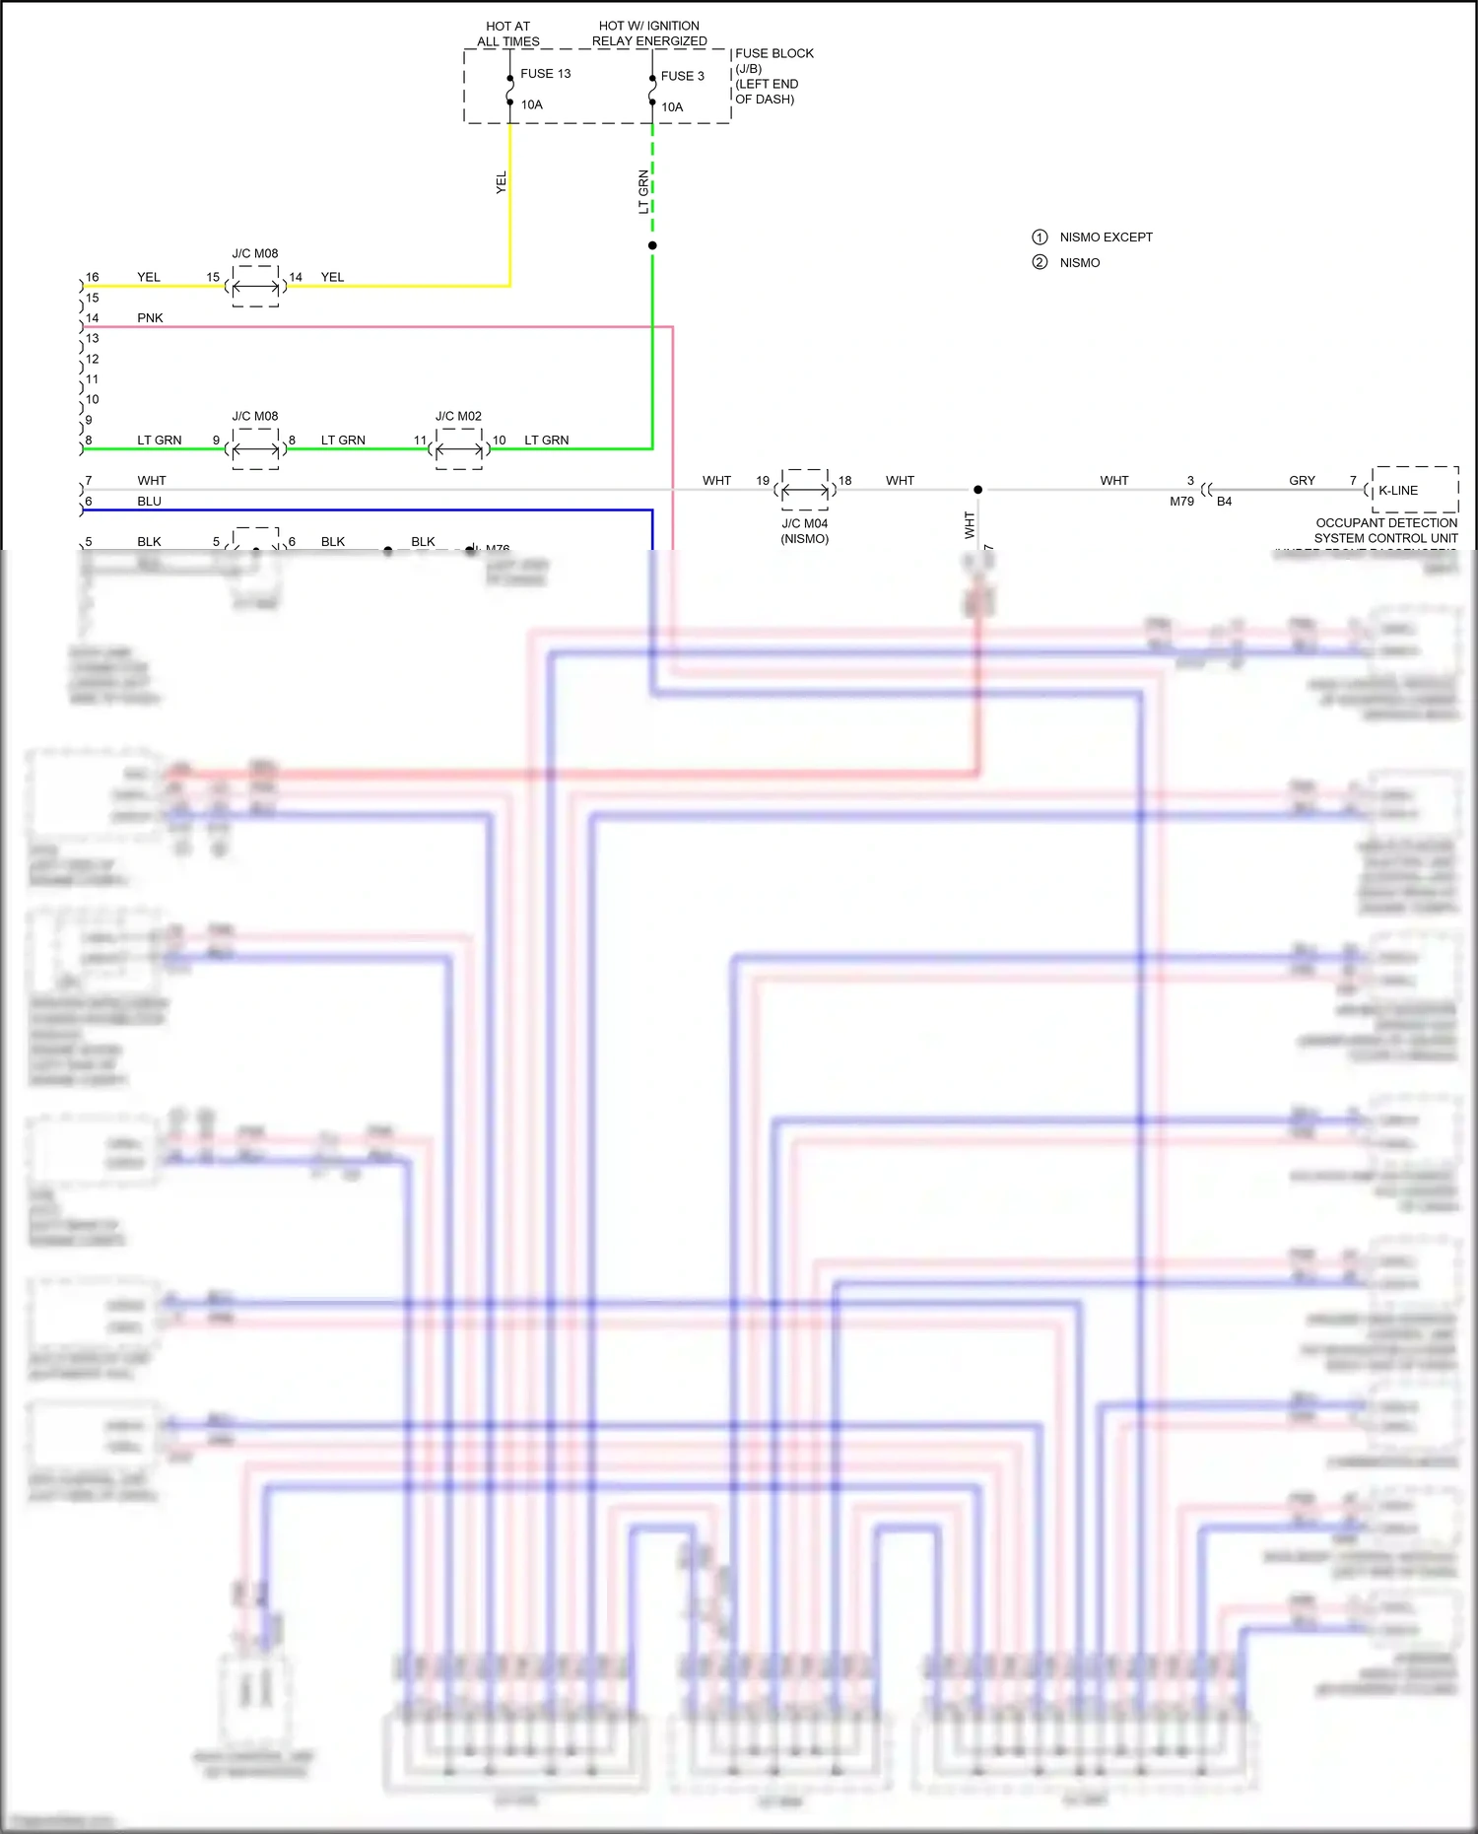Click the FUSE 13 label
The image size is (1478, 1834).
tap(545, 74)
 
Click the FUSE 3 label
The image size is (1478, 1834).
tap(682, 76)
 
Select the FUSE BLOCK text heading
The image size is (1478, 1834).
tap(773, 53)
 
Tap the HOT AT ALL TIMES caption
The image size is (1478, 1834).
tap(507, 34)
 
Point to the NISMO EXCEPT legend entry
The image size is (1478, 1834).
tap(1106, 238)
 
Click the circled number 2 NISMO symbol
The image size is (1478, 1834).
tap(1040, 262)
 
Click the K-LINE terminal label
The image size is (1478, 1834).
tap(1397, 490)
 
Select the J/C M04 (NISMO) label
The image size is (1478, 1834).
tap(805, 531)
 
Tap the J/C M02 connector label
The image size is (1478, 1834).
tap(458, 416)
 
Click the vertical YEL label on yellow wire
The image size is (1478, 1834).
tap(501, 181)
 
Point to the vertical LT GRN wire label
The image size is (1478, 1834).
tap(643, 192)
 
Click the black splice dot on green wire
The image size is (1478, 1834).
tap(652, 245)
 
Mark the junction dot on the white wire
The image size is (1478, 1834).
tap(977, 490)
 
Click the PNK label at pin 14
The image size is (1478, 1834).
tap(150, 317)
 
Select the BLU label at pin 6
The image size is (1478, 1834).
tap(149, 501)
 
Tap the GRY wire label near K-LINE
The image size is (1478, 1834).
tap(1302, 480)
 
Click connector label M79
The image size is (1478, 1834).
tap(1181, 502)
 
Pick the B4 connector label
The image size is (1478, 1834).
tap(1224, 502)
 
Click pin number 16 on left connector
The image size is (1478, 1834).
tap(92, 277)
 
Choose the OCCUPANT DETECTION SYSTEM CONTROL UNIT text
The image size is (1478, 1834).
tap(1385, 530)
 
